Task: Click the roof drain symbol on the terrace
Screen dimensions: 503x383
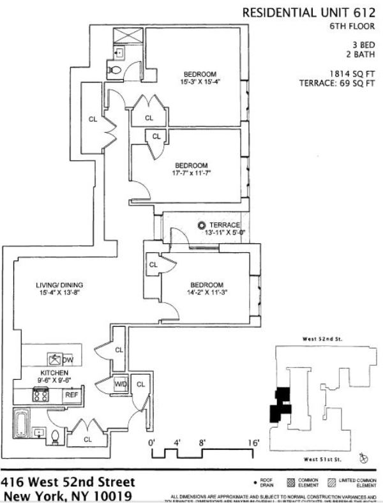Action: point(202,225)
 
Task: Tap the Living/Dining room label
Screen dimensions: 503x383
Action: point(59,285)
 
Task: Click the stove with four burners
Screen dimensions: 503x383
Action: point(42,396)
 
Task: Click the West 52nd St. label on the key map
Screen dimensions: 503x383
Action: point(322,340)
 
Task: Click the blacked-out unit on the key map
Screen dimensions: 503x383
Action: point(280,405)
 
